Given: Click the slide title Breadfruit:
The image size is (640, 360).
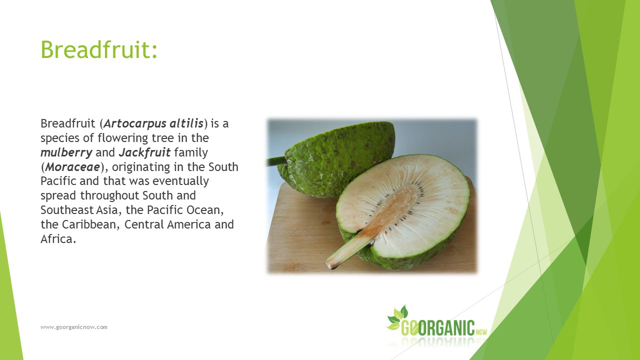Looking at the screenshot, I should (x=99, y=49).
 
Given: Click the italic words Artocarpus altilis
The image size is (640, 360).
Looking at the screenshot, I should (x=153, y=123).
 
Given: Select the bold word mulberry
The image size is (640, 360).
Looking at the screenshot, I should (x=66, y=152).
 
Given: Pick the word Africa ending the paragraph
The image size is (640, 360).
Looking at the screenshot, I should (x=57, y=239).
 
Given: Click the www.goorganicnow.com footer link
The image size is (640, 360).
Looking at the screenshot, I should (x=74, y=327).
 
